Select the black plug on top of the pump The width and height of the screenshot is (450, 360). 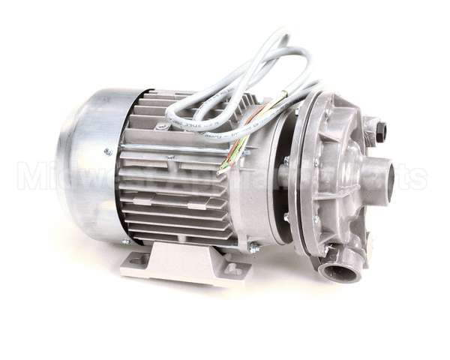coord(380,132)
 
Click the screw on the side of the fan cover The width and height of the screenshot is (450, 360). coord(108,152)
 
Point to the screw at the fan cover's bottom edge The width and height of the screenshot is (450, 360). coord(125,241)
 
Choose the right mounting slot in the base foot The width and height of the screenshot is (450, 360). coord(235,268)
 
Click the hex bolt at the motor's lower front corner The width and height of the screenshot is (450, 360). coord(253,247)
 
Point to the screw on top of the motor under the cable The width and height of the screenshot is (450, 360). coord(162,127)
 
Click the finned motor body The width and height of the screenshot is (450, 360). coord(180,187)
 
